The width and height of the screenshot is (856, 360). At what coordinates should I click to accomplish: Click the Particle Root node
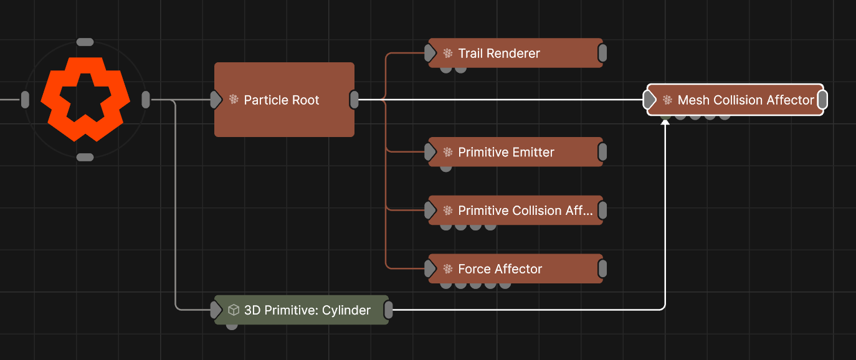[284, 100]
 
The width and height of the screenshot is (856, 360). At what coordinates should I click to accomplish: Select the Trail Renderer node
[515, 53]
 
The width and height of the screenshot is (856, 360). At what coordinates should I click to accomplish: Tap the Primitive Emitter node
[515, 152]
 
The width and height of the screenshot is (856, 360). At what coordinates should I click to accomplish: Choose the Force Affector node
[515, 268]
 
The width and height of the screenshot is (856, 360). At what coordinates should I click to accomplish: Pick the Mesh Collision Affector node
[735, 100]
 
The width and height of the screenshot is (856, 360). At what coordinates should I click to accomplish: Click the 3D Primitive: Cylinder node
[301, 310]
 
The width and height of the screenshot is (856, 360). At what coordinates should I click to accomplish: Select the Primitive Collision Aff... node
[515, 210]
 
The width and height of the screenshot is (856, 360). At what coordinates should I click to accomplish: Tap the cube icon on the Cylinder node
[234, 310]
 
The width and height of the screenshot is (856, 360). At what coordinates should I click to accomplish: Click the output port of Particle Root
[354, 100]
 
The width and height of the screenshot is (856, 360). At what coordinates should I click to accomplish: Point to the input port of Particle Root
[216, 100]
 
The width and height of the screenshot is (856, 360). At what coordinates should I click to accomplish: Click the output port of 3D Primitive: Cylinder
[388, 310]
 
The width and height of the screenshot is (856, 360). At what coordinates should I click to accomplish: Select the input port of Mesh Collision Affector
[649, 100]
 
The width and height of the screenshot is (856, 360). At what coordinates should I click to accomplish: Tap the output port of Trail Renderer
[602, 53]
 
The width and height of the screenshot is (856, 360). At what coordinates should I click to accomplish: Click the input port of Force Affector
[430, 268]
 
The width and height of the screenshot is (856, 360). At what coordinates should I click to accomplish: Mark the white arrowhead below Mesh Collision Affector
[665, 122]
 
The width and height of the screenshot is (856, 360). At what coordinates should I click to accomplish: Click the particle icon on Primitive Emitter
[448, 152]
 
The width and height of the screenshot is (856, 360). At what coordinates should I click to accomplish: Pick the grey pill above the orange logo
[85, 42]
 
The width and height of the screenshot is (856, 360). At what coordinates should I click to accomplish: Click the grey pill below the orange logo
[85, 157]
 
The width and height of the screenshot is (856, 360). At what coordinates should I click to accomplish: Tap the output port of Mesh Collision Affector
[823, 100]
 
